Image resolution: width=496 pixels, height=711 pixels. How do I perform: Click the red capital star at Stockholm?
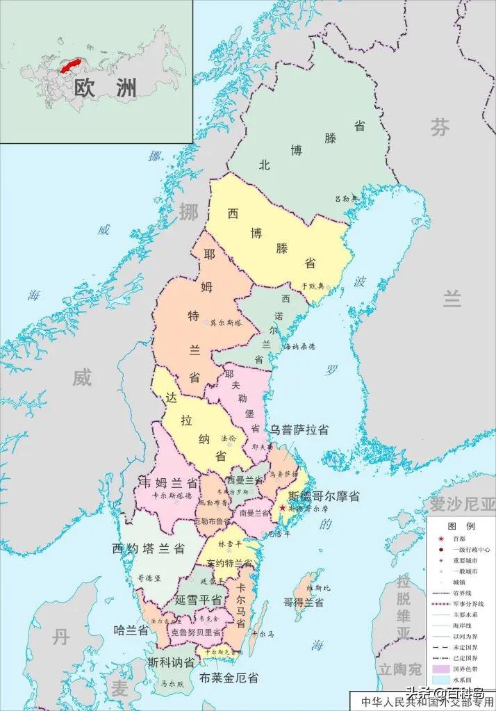[x=282, y=509]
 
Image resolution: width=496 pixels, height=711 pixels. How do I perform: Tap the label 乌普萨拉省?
[x=299, y=430]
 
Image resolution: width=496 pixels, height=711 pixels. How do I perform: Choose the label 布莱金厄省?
[x=229, y=676]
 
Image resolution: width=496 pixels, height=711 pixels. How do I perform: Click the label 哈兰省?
[x=131, y=630]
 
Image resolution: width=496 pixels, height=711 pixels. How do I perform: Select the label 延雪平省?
[x=198, y=599]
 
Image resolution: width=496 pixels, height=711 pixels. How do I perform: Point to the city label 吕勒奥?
[x=345, y=199]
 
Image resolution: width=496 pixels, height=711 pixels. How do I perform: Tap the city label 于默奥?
[x=312, y=286]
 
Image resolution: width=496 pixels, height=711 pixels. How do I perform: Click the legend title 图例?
[x=461, y=526]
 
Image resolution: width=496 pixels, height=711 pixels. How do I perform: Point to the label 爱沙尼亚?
[x=462, y=504]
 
